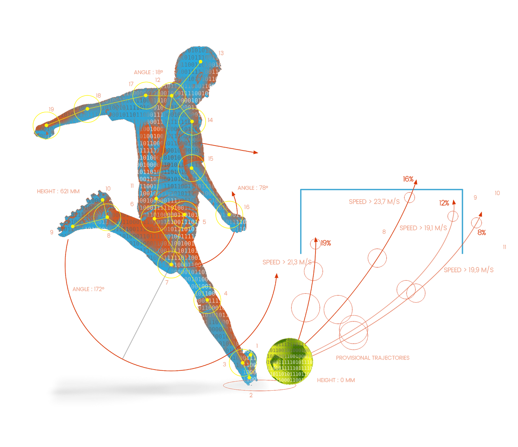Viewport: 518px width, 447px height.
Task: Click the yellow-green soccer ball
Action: click(289, 361)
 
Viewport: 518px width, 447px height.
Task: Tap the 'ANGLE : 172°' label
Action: click(88, 289)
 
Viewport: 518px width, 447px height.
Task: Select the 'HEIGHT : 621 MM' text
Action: click(58, 191)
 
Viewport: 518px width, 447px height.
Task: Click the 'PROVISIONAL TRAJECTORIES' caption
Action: click(373, 358)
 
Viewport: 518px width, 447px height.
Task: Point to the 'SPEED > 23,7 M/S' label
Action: click(374, 201)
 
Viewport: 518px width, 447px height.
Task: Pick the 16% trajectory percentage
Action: click(408, 179)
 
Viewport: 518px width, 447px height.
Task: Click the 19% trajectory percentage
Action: click(326, 243)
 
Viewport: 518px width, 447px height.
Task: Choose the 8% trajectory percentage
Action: click(481, 232)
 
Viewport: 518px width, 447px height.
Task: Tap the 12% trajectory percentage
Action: click(444, 203)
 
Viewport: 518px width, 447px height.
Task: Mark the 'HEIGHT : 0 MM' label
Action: click(336, 380)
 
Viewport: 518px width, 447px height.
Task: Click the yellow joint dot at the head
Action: click(200, 62)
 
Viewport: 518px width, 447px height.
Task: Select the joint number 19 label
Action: click(51, 109)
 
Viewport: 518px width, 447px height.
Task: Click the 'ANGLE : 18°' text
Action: click(148, 72)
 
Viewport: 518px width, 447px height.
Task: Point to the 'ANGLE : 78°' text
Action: click(253, 188)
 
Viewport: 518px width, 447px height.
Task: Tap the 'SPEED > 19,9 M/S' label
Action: click(468, 270)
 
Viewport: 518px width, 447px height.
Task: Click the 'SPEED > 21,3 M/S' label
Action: click(287, 262)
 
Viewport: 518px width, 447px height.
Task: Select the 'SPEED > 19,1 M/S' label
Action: click(423, 228)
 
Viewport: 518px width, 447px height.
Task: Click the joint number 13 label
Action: click(221, 53)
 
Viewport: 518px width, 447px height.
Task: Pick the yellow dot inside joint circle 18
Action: click(87, 109)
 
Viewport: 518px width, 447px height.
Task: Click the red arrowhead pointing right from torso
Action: click(256, 152)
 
